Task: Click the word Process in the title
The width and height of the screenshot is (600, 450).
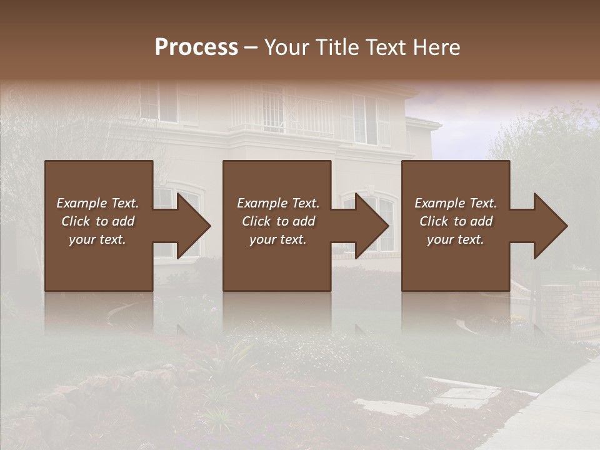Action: coord(196,47)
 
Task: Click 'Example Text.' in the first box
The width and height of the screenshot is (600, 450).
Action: coord(97,203)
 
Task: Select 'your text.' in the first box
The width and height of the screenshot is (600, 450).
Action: coord(97,239)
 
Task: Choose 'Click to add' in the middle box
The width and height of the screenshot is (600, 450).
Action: coord(278,221)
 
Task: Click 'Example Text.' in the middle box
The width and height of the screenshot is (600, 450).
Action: coord(278,203)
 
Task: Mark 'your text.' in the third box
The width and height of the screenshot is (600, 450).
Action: coord(456,239)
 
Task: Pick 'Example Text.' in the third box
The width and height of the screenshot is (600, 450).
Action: coord(456,203)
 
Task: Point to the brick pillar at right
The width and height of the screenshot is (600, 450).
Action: coord(557,312)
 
